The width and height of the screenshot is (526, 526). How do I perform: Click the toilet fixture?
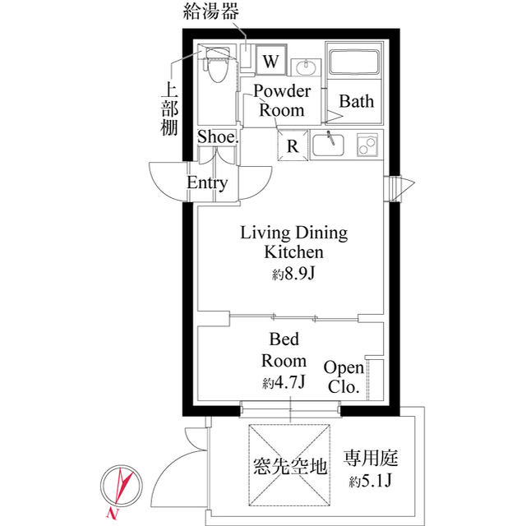[x=217, y=64]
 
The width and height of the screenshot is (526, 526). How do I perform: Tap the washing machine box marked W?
[x=271, y=60]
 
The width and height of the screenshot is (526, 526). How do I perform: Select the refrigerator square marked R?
[x=293, y=145]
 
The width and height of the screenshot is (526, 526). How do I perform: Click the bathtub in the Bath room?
[x=354, y=62]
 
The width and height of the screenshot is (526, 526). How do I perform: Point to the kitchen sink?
[x=328, y=145]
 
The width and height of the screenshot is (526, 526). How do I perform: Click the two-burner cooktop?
[x=367, y=145]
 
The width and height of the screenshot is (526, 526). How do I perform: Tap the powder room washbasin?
[x=306, y=67]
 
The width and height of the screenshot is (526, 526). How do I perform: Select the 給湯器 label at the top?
[x=211, y=11]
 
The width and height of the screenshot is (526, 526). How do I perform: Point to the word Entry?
[x=207, y=182]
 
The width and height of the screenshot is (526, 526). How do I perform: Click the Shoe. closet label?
[x=218, y=136]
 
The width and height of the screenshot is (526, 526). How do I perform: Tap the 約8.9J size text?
[x=293, y=274]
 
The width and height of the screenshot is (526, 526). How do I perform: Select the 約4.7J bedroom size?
[x=284, y=381]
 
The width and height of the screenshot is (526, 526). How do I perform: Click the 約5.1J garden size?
[x=371, y=481]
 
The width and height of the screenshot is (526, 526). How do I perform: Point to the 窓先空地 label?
[x=290, y=466]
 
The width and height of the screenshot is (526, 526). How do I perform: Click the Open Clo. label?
[x=344, y=377]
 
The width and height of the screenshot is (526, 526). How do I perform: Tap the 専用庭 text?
[x=371, y=459]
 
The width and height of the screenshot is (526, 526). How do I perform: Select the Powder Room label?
[x=282, y=100]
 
